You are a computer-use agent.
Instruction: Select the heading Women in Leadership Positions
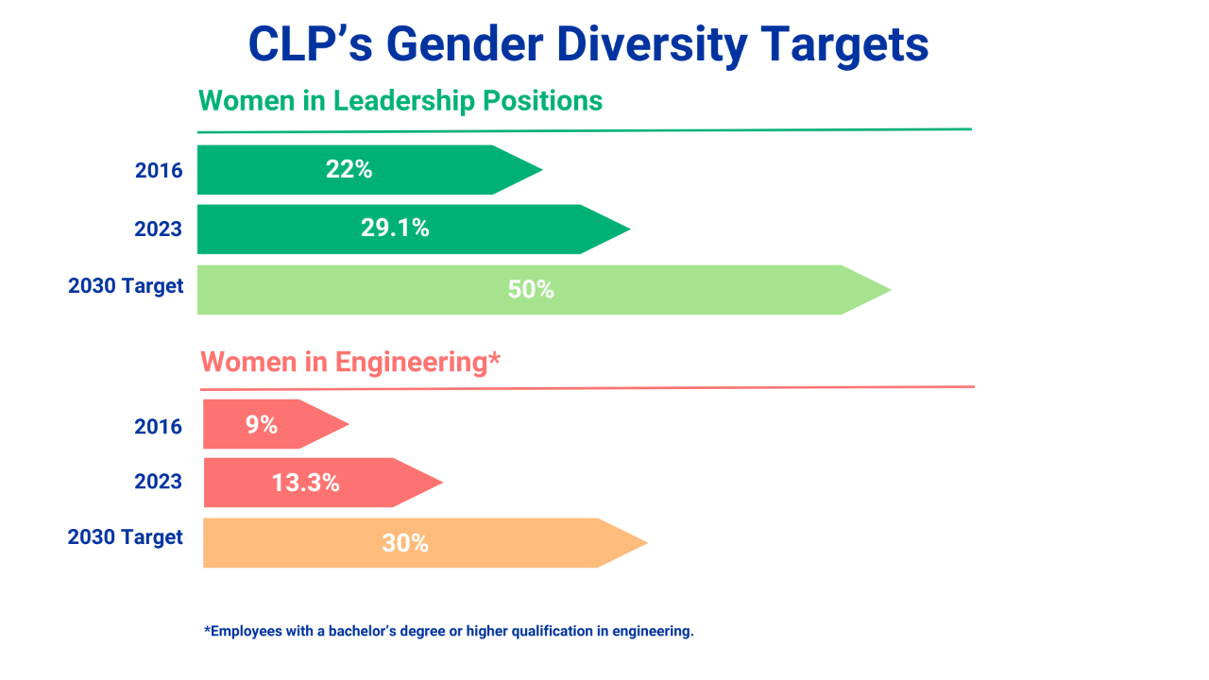400,101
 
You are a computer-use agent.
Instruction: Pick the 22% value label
349,170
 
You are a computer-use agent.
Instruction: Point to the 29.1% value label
395,229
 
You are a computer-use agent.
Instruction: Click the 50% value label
531,290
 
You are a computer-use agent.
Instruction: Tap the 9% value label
262,425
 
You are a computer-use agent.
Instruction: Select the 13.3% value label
305,484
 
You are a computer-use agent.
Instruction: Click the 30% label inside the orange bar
405,544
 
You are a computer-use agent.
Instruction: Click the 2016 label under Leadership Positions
158,171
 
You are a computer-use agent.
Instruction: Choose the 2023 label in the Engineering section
158,482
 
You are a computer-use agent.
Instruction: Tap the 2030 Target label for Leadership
126,285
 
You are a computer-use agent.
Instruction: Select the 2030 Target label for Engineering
126,537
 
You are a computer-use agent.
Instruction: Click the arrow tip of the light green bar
889,290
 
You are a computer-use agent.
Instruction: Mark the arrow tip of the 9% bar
348,424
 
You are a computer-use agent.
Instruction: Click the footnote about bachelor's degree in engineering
449,631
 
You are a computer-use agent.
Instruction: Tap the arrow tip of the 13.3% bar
441,484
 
